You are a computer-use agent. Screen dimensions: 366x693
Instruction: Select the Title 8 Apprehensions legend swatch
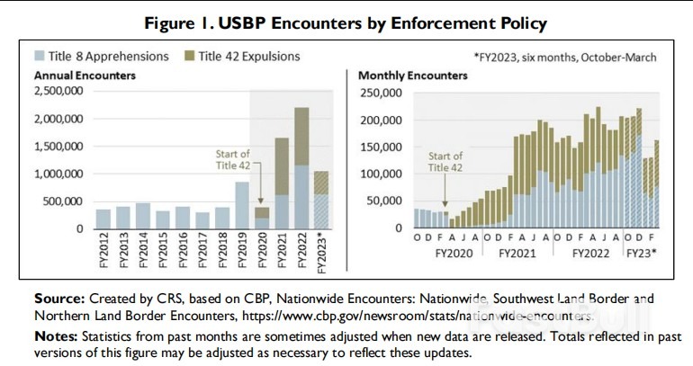(28, 57)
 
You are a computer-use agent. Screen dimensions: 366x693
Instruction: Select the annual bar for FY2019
(242, 205)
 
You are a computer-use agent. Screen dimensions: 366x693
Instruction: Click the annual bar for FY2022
(301, 168)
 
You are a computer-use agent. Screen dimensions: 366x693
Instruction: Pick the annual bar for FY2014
(143, 216)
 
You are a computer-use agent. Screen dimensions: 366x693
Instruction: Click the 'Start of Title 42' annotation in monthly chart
(445, 162)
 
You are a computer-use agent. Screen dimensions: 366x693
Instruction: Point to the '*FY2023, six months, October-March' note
(564, 57)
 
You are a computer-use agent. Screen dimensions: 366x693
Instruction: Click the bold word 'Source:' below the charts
(59, 298)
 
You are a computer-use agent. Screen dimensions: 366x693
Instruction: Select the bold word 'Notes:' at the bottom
(57, 336)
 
